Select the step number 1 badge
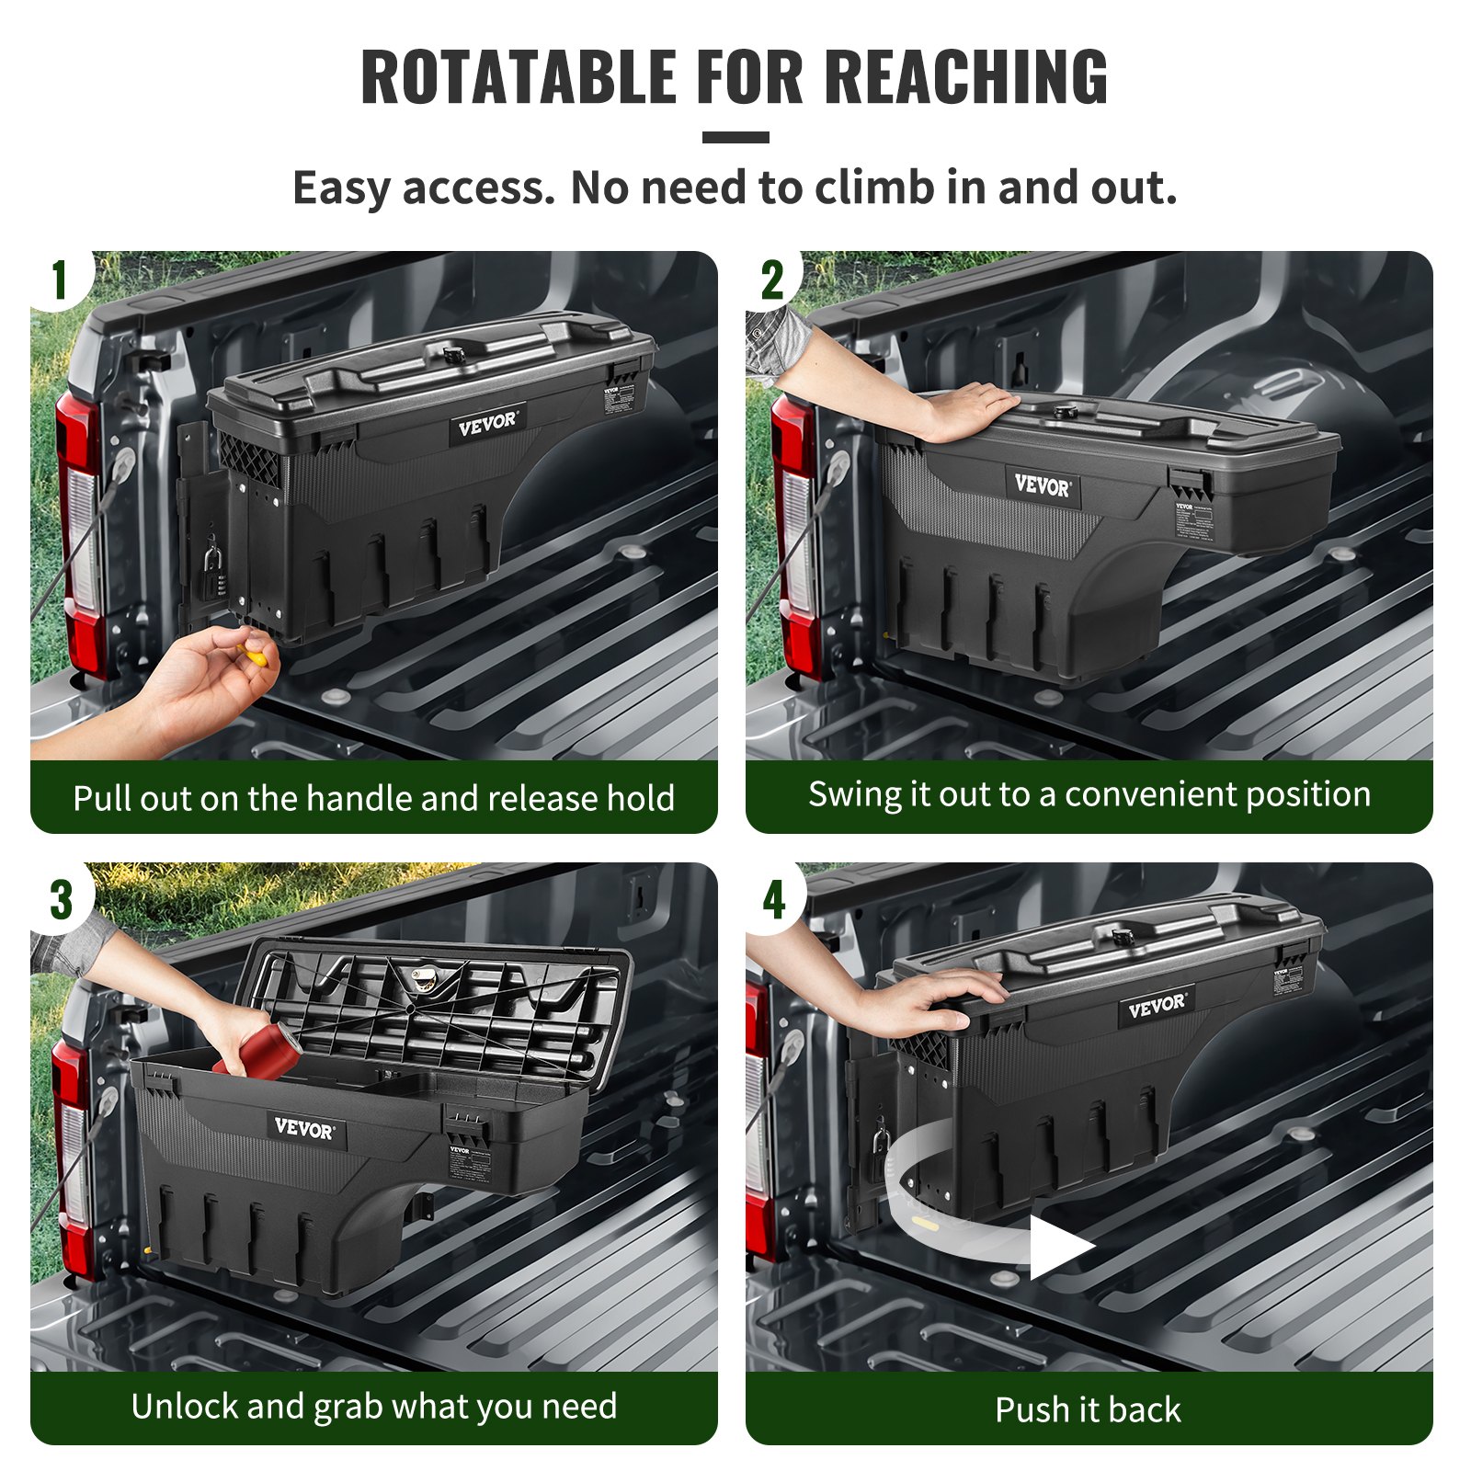tap(60, 279)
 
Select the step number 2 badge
tap(773, 279)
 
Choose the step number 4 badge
tap(774, 899)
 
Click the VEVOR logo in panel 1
tap(488, 424)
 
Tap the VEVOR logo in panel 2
tap(1042, 485)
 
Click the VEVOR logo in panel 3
tap(304, 1128)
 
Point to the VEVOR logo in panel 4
tap(1157, 1007)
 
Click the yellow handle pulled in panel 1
tap(253, 655)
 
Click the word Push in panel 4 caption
tap(1028, 1409)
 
